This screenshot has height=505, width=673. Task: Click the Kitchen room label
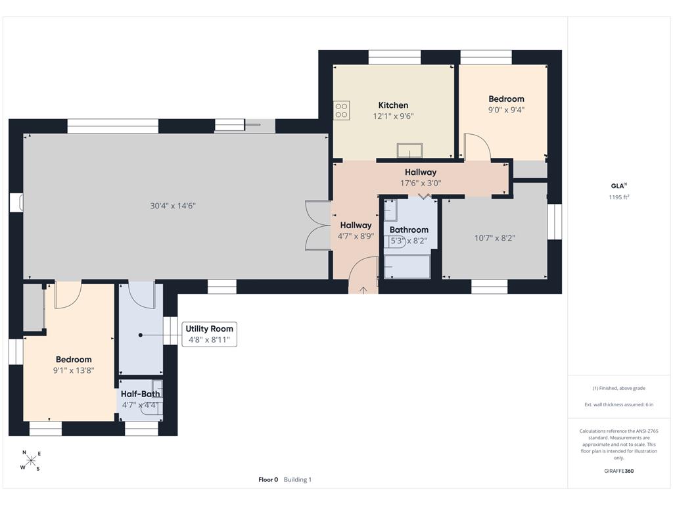[x=393, y=105]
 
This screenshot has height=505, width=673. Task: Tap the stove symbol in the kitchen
[x=341, y=110]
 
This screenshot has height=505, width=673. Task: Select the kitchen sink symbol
[x=409, y=151]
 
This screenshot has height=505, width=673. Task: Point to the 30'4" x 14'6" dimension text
[x=173, y=206]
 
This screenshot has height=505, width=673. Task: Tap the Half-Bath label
[x=141, y=394]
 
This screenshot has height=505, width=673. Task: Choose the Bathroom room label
[x=409, y=229]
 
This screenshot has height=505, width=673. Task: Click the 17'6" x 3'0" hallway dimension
[x=421, y=183]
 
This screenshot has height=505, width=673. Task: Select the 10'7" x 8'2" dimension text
[x=494, y=238]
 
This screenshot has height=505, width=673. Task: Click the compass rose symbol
[x=30, y=461]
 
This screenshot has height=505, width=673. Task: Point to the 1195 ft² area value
[x=619, y=197]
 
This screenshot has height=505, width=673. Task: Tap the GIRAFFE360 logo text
[x=618, y=471]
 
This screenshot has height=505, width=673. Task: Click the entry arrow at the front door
[x=363, y=290]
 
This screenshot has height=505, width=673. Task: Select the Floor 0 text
[x=268, y=479]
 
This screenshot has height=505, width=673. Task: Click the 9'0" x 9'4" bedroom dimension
[x=506, y=110]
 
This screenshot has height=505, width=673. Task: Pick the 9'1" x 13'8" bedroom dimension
[x=74, y=370]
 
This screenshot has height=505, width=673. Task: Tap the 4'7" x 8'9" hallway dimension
[x=356, y=236]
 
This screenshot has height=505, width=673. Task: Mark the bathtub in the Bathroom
[x=407, y=266]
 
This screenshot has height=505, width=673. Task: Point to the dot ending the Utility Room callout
[x=141, y=335]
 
